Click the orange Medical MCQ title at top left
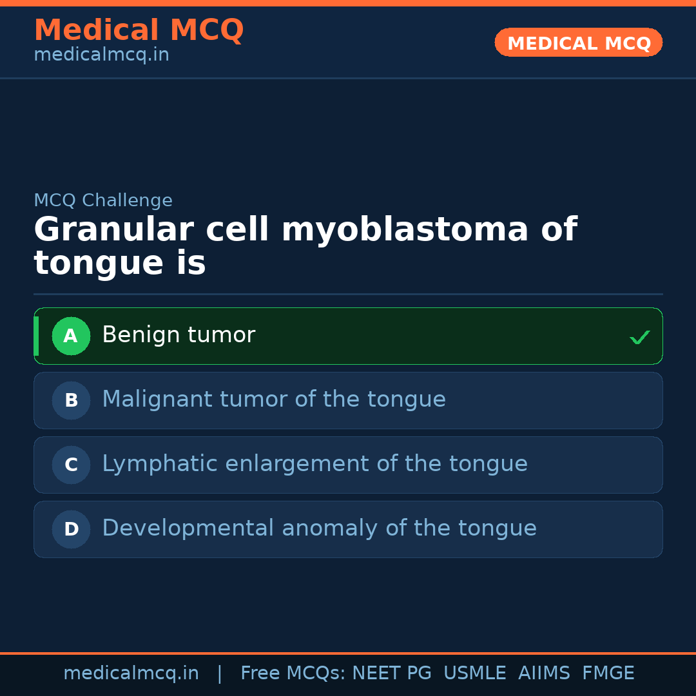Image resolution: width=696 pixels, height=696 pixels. pos(139,30)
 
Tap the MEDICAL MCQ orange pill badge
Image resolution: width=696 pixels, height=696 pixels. pos(578,43)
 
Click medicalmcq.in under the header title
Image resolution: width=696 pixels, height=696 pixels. pos(102,55)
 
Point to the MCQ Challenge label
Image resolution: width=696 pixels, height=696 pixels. pos(103,200)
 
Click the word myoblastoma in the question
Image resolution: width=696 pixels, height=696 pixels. pos(405,230)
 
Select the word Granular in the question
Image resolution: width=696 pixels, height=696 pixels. pos(114,229)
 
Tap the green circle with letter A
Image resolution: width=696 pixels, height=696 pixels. pos(71,336)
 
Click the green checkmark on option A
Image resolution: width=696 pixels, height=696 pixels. pos(640,337)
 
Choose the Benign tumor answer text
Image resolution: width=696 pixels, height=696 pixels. pos(179,334)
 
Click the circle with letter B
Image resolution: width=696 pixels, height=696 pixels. pos(71,400)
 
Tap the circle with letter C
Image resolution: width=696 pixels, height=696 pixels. pos(71,465)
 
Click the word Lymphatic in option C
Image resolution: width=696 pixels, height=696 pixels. pos(160,464)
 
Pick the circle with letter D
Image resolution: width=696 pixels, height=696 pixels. pos(71,529)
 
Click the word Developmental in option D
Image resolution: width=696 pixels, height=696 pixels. pos(188,528)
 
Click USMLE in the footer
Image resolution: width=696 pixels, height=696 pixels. pos(475,673)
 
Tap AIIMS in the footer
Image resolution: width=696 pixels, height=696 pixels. pos(544,673)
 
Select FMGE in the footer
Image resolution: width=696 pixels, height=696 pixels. pos(608,673)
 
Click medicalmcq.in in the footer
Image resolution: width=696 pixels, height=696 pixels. pos(131,673)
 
